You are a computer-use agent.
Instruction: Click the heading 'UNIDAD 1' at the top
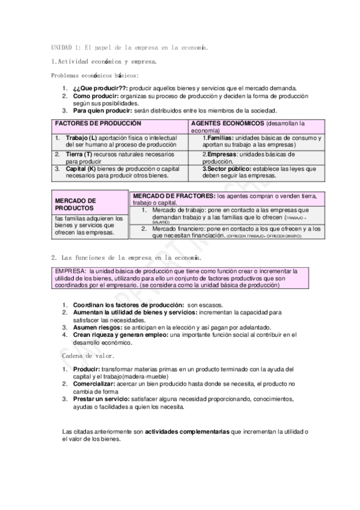(63, 47)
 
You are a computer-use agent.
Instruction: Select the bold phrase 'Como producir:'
(96, 96)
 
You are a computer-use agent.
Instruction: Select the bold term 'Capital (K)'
(84, 169)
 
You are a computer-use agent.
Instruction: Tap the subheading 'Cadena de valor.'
(84, 356)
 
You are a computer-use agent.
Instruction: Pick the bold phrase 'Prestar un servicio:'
(100, 399)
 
